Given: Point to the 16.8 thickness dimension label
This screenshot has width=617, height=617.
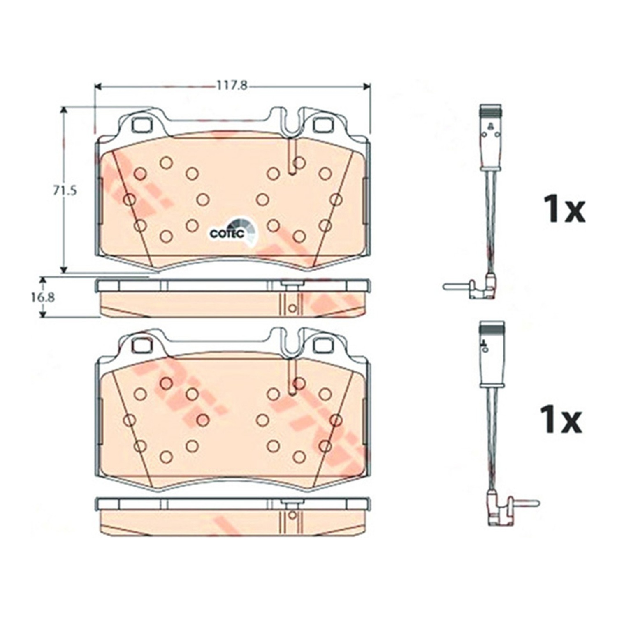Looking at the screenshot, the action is [x=43, y=297].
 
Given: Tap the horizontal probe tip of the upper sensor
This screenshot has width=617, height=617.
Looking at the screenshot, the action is [x=457, y=286].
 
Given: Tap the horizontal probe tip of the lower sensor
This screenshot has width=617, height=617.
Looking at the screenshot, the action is [x=524, y=502].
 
